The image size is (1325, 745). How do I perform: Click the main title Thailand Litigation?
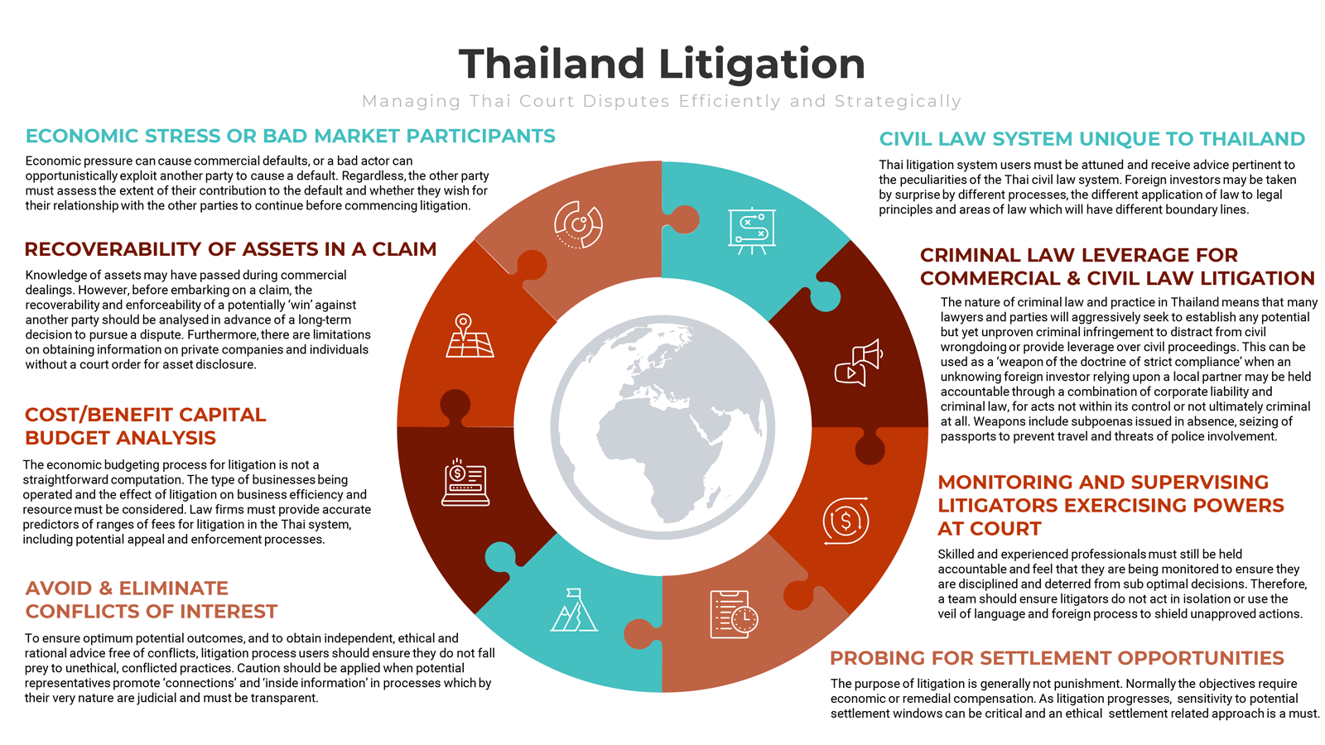pyautogui.click(x=662, y=64)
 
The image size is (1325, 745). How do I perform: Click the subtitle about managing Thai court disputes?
pyautogui.click(x=662, y=102)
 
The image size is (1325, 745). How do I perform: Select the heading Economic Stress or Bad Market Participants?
pyautogui.click(x=291, y=136)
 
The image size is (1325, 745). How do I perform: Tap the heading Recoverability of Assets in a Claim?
pyautogui.click(x=231, y=249)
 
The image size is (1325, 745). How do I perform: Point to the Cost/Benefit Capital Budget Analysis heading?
pyautogui.click(x=146, y=426)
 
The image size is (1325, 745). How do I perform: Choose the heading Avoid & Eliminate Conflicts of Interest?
pyautogui.click(x=152, y=599)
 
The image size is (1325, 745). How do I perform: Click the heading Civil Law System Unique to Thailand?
pyautogui.click(x=1092, y=139)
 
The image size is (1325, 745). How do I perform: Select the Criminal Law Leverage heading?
pyautogui.click(x=1117, y=267)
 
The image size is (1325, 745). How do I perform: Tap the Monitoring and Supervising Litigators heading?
pyautogui.click(x=1111, y=506)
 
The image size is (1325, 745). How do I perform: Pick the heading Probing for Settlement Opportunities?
pyautogui.click(x=1057, y=658)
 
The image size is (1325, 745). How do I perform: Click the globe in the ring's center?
pyautogui.click(x=662, y=427)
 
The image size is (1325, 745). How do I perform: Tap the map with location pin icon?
pyautogui.click(x=470, y=336)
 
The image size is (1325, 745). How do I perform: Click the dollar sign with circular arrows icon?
pyautogui.click(x=846, y=521)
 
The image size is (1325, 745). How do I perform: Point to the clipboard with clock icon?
pyautogui.click(x=734, y=614)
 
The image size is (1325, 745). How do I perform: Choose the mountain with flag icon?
pyautogui.click(x=574, y=609)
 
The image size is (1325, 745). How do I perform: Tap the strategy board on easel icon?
pyautogui.click(x=752, y=231)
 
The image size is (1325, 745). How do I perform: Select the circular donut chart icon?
pyautogui.click(x=579, y=224)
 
